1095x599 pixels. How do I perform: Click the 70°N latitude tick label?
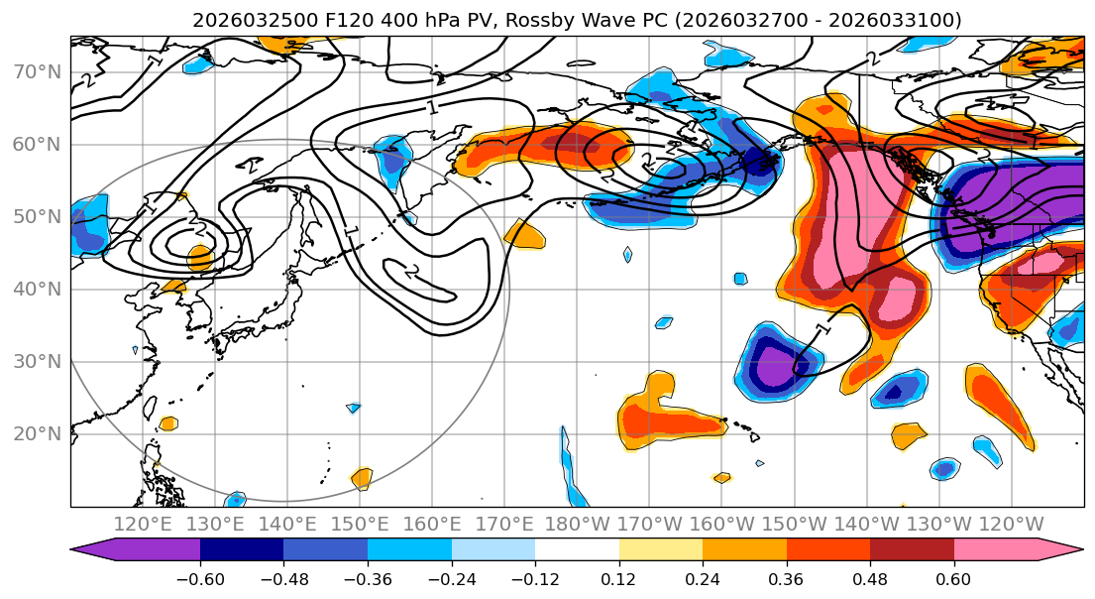(x=36, y=72)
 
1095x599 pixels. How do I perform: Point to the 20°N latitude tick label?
(x=36, y=434)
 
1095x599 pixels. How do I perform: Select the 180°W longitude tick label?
(x=577, y=525)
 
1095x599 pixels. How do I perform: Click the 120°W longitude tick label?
(x=1011, y=525)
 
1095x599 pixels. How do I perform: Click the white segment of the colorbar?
(x=577, y=550)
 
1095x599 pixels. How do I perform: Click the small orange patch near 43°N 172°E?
(x=524, y=235)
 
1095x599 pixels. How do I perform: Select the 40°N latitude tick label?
(x=36, y=290)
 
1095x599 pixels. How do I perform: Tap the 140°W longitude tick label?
(x=866, y=525)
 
